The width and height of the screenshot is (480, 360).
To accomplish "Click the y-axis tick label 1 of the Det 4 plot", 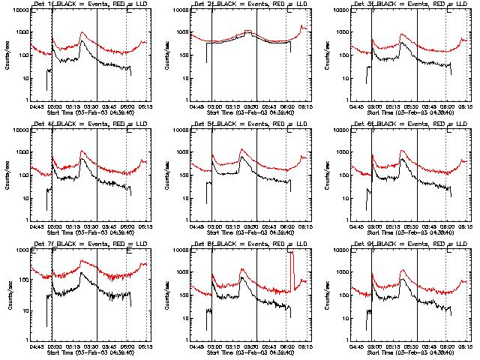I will coord(25,220).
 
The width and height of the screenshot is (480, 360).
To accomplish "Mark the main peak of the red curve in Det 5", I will coord(242,149).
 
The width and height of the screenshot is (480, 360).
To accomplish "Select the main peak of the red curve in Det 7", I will coord(81,261).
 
